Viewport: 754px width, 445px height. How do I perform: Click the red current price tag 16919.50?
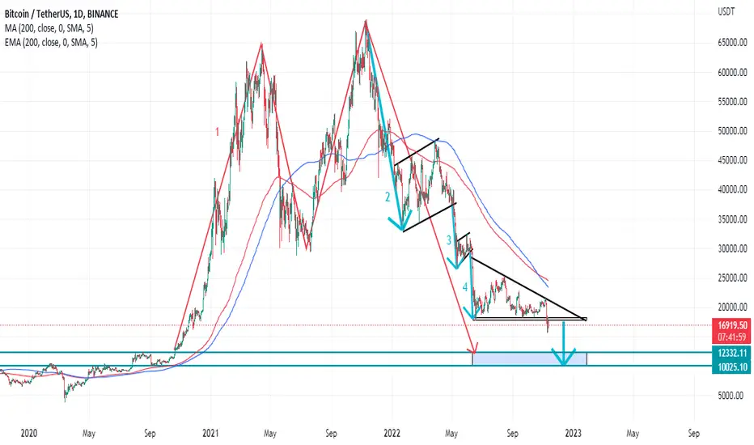coord(732,325)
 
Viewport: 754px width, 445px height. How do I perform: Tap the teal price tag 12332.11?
coord(732,353)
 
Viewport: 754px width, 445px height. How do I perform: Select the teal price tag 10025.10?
coord(732,367)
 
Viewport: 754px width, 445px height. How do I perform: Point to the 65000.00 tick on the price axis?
coord(732,43)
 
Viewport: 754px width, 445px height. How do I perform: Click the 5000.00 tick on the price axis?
coord(734,396)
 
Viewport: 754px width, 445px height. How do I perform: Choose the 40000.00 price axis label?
coord(732,189)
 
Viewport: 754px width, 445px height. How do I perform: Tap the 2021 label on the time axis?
coord(210,434)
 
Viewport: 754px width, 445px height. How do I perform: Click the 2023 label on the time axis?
coord(574,434)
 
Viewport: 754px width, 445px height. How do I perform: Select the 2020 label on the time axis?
coord(29,434)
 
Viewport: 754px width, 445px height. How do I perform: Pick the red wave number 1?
coord(218,132)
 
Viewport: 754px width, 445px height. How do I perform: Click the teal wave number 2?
coord(387,197)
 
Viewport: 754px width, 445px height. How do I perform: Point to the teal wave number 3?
coord(449,240)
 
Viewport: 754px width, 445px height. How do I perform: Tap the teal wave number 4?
coord(465,288)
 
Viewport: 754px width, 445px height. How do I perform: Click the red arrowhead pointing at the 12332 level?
coord(475,348)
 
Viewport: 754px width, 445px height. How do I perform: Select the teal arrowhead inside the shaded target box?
coord(563,357)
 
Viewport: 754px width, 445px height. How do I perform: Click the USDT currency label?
coord(726,12)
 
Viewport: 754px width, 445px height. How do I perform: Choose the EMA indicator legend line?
coord(51,43)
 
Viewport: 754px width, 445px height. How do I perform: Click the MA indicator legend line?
coord(49,28)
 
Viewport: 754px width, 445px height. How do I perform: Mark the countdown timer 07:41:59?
coord(732,337)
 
